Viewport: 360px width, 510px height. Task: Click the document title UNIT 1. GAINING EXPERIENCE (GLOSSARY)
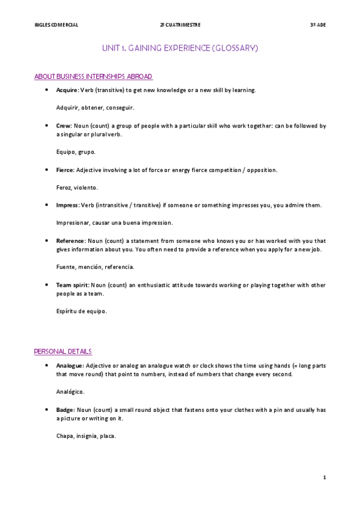tap(180, 48)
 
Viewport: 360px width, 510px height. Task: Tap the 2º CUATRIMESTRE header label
tap(180, 25)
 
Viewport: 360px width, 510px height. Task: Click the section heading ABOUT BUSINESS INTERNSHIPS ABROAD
tap(93, 76)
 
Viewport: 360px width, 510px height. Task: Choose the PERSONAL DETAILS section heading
tap(63, 351)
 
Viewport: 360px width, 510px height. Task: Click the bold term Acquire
tap(67, 90)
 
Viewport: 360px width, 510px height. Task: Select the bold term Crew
tap(63, 126)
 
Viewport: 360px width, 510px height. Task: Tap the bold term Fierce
tap(65, 170)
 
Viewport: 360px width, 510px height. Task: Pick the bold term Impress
tap(67, 205)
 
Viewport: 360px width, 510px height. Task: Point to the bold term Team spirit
tap(73, 285)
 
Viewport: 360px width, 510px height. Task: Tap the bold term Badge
tap(64, 410)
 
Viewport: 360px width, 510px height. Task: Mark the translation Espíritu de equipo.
tap(81, 312)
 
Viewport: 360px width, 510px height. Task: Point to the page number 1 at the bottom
tap(324, 478)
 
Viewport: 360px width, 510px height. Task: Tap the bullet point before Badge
tap(46, 410)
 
